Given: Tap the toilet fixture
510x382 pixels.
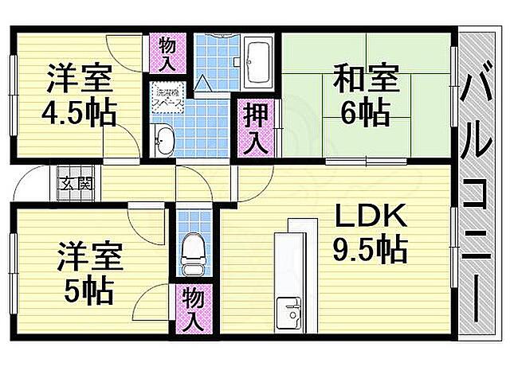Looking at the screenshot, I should pos(192,251).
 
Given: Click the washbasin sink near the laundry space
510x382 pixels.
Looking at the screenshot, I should pos(164,140).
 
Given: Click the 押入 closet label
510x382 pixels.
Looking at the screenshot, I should pos(255,127).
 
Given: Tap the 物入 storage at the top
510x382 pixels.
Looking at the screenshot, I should pos(167,53).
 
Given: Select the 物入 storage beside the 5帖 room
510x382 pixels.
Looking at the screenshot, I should pos(193,310).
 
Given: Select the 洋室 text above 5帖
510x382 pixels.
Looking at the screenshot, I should pos(88,259).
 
